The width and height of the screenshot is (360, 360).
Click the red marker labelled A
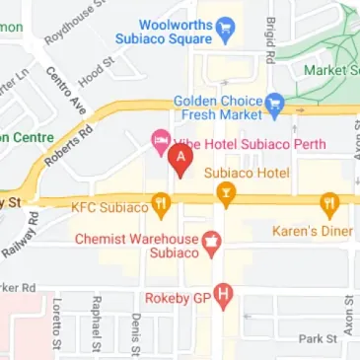(x=180, y=158)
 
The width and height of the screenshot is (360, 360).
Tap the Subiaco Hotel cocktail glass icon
(x=228, y=200)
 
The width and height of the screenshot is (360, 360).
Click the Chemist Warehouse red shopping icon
(x=209, y=243)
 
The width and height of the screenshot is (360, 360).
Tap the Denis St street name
(x=134, y=333)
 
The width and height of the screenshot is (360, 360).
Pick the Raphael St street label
(x=96, y=325)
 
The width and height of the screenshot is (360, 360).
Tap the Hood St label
(x=91, y=73)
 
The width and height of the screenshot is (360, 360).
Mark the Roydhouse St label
(x=67, y=26)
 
